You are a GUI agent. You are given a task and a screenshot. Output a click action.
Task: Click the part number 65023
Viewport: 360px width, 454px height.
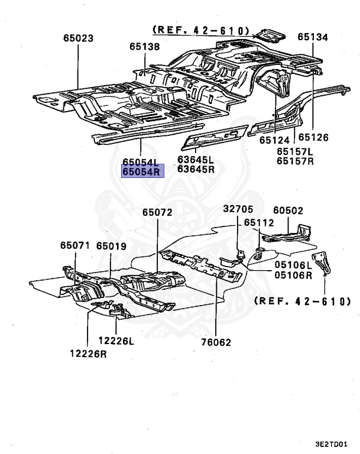78,38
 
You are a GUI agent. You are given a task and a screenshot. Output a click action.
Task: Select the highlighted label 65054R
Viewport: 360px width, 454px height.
141,172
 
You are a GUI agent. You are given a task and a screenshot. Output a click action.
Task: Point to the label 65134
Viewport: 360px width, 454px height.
312,37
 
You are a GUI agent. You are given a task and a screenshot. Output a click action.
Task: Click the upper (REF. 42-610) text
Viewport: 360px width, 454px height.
201,30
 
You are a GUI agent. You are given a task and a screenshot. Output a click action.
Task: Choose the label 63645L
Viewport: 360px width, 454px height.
196,160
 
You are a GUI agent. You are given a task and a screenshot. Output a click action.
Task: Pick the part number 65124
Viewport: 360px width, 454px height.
274,140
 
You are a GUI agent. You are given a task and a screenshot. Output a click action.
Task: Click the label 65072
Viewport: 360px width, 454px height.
158,212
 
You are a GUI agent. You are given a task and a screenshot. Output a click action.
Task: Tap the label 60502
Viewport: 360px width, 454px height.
288,210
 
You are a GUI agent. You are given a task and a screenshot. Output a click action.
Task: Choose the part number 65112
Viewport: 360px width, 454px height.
260,223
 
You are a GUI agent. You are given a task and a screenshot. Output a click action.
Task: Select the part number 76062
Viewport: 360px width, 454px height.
216,342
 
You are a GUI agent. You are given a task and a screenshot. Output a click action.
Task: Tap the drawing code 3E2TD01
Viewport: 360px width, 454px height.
332,443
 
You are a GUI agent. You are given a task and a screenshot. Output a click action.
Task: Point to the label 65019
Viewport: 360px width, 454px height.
112,245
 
